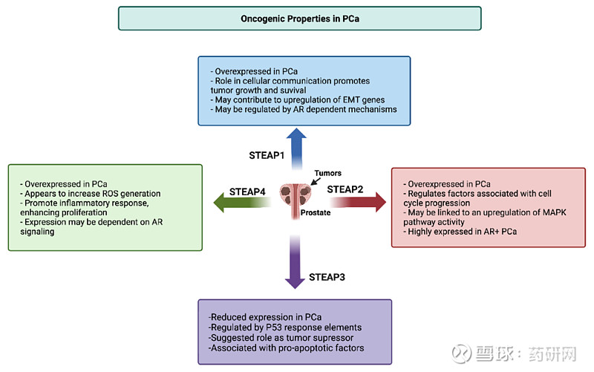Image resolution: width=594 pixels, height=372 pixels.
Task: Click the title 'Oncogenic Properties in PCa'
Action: (299, 18)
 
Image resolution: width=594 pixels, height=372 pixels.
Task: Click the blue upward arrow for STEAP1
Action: (297, 148)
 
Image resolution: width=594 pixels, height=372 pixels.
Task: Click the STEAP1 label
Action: (267, 155)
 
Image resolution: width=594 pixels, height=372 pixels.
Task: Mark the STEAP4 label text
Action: (247, 191)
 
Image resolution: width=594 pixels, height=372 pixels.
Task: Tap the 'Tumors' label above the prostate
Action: (327, 173)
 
